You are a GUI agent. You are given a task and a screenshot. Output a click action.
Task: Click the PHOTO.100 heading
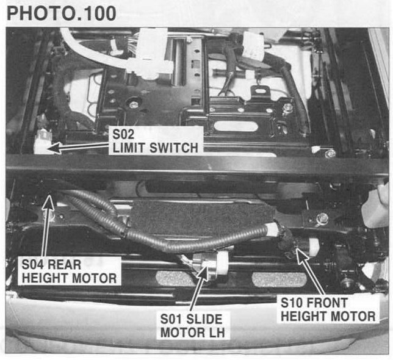click(62, 13)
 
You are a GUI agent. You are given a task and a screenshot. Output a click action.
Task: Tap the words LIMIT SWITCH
click(156, 148)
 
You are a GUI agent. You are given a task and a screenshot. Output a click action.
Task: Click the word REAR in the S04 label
click(64, 265)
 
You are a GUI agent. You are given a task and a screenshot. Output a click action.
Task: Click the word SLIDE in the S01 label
click(204, 319)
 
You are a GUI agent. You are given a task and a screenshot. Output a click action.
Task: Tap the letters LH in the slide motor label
click(216, 333)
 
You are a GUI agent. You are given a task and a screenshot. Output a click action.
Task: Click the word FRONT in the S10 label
click(327, 303)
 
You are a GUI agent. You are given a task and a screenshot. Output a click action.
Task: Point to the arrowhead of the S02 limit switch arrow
click(54, 148)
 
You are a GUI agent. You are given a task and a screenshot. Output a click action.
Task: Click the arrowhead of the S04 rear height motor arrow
click(49, 203)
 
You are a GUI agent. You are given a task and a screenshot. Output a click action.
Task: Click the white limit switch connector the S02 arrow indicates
click(41, 142)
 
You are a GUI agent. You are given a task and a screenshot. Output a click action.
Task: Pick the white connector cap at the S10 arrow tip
click(313, 247)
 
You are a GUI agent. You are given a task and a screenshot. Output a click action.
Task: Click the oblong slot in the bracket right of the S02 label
click(236, 126)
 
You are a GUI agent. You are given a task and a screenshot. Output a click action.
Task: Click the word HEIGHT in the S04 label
click(41, 278)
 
